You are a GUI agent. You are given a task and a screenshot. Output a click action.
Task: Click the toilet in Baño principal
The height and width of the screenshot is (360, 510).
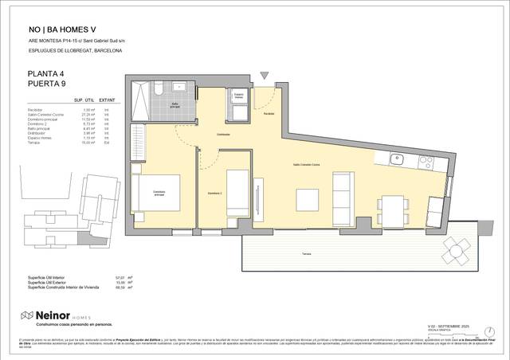click(x=159, y=87)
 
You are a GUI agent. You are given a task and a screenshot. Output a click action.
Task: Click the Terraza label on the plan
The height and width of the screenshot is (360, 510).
click(x=307, y=252)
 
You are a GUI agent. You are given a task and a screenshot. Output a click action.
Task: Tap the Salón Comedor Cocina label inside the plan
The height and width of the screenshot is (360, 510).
click(x=307, y=164)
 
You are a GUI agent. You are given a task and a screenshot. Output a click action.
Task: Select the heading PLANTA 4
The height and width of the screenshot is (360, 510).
click(x=45, y=72)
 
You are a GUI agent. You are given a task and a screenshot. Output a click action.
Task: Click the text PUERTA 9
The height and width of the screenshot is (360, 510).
click(x=45, y=84)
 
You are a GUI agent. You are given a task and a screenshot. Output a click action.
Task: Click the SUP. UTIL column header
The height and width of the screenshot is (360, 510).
click(x=85, y=100)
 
